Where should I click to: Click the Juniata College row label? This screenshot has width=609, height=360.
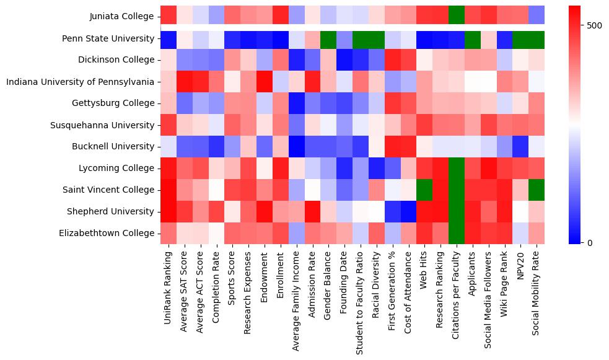click(122, 16)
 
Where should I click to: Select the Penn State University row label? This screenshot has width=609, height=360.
click(108, 38)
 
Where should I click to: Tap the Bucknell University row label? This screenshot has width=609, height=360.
click(113, 146)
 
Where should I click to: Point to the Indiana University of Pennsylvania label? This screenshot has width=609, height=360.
click(80, 82)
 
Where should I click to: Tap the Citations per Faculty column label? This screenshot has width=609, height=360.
click(457, 303)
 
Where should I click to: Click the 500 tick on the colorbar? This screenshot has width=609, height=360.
click(594, 25)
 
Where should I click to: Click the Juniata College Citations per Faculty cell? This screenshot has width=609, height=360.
click(456, 16)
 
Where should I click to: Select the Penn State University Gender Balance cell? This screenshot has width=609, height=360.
click(328, 38)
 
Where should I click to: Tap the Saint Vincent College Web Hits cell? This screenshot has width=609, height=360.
click(424, 190)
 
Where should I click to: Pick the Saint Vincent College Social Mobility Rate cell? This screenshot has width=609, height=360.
click(537, 190)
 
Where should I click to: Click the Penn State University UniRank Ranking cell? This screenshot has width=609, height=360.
click(168, 38)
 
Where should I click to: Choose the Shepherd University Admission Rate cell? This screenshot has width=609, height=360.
click(312, 211)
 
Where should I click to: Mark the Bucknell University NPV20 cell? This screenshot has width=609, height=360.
click(520, 146)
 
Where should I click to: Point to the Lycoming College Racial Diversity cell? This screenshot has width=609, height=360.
click(377, 168)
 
